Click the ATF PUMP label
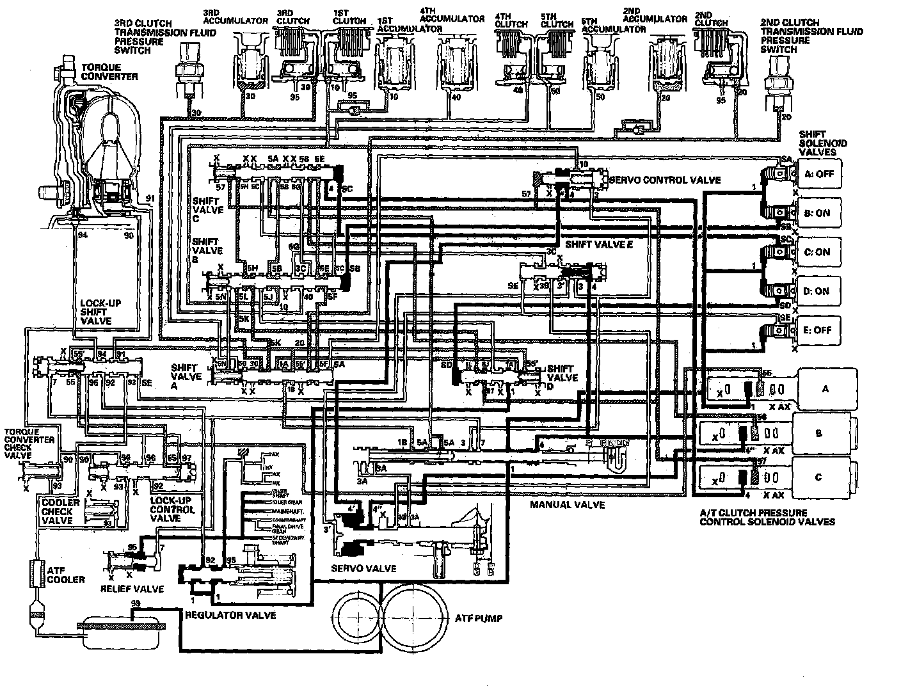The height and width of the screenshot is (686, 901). click(x=478, y=618)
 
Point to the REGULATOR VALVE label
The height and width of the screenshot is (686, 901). click(x=230, y=614)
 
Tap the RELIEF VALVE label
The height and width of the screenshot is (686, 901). click(x=132, y=588)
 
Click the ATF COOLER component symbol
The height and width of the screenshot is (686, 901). click(x=36, y=572)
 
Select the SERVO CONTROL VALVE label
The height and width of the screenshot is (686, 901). click(x=666, y=180)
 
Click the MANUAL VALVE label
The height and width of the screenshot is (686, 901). click(x=567, y=504)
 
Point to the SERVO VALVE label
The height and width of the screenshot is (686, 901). click(x=363, y=568)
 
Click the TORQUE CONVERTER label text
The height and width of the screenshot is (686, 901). click(x=109, y=72)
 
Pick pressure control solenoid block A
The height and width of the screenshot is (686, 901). click(x=825, y=388)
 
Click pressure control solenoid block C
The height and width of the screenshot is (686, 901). click(x=818, y=477)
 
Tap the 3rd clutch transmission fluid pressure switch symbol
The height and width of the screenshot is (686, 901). click(x=186, y=65)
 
